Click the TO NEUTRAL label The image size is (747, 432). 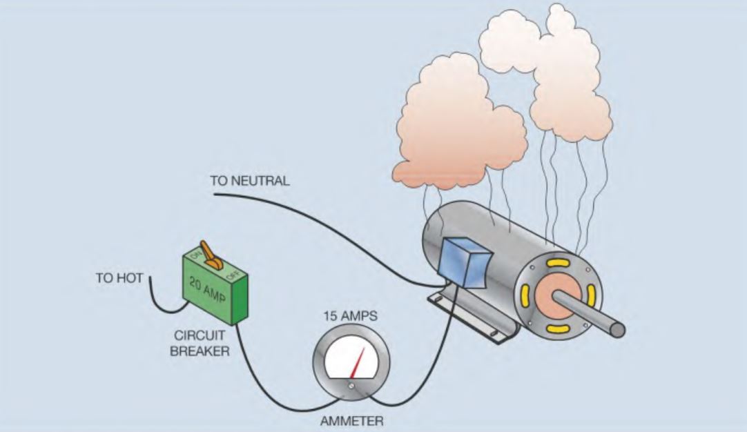coord(250,181)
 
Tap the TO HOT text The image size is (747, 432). coord(119,279)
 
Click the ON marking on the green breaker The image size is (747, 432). coord(195,256)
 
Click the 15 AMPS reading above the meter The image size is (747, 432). coord(351,318)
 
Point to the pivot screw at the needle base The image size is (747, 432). coord(351,386)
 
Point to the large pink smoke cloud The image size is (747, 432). coord(456,124)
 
